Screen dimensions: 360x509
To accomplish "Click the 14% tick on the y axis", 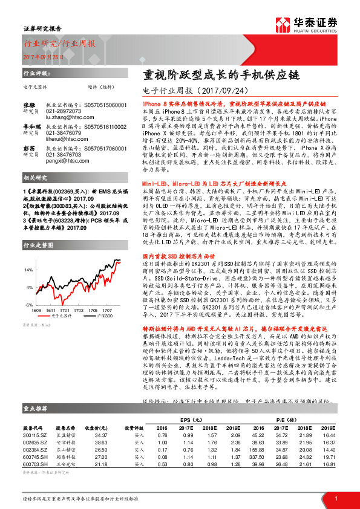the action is click(28, 253).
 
